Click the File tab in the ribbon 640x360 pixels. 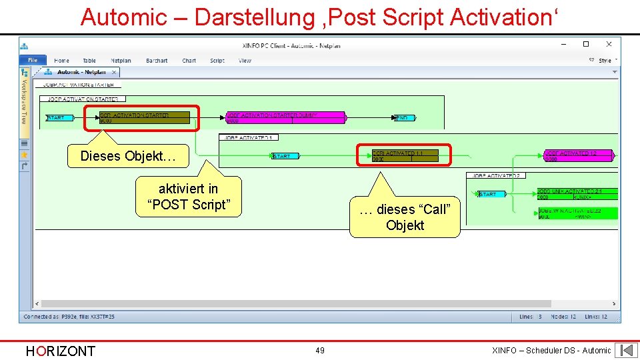(33, 61)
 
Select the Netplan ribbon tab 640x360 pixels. (121, 61)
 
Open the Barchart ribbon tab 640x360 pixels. (157, 61)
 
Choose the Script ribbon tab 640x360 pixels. (217, 61)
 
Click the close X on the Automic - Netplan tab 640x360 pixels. (114, 72)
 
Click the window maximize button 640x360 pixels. (586, 45)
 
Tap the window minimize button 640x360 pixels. (565, 45)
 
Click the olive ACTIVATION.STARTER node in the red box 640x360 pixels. (144, 118)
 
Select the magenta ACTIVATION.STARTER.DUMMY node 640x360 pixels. (285, 118)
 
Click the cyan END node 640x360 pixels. (404, 118)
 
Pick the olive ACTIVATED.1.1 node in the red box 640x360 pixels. (404, 156)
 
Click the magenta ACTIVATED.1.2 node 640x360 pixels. (578, 156)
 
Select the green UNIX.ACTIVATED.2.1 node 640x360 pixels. (577, 194)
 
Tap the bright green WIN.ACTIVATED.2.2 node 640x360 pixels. (577, 213)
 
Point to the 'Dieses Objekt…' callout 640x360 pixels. (127, 156)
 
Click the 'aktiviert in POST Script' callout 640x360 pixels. (188, 197)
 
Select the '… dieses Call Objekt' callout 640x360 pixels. (405, 217)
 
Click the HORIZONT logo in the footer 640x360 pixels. (60, 351)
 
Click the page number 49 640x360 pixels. (320, 351)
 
